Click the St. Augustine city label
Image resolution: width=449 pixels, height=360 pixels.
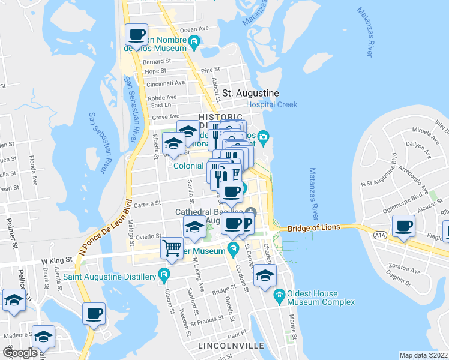pos(250,94)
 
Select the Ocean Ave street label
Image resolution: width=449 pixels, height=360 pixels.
pos(194,28)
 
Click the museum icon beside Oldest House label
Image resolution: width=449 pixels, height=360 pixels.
pos(279,295)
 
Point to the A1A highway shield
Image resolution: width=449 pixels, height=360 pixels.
pos(379,236)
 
